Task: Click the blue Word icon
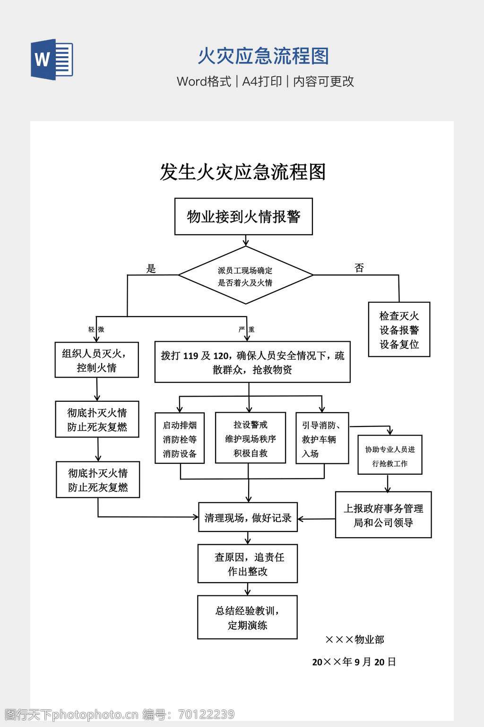52,59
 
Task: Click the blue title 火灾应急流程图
263,56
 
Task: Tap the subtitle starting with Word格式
265,81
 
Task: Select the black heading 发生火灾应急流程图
243,172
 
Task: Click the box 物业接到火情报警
243,217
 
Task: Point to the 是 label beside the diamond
151,269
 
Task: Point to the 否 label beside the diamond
359,268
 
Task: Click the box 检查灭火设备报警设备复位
399,330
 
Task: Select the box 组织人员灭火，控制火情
96,360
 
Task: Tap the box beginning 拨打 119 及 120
252,362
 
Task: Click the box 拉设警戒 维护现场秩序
251,438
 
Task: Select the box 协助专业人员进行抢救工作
390,455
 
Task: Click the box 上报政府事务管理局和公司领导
383,515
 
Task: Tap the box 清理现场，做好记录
248,517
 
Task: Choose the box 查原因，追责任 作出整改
248,564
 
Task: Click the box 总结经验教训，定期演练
247,618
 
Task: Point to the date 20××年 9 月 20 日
354,662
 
